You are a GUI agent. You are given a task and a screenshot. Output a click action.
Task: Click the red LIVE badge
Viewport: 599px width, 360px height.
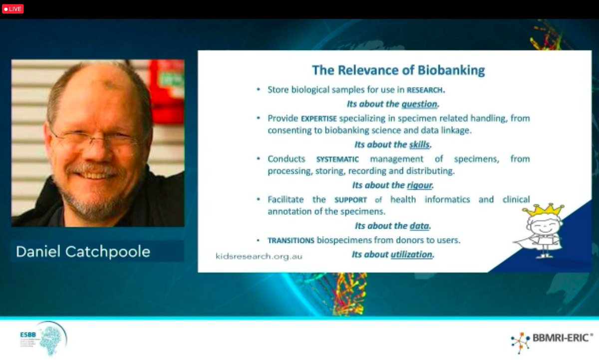tap(12, 9)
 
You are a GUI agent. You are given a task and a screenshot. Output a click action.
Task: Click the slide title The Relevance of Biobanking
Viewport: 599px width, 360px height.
tap(398, 70)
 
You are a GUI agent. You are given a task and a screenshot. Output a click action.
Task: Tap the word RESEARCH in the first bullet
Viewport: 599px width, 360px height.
tap(425, 90)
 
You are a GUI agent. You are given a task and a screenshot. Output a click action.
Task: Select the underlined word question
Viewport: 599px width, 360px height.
tap(419, 104)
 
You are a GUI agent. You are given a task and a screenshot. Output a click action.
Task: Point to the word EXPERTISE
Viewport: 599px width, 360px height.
tap(319, 119)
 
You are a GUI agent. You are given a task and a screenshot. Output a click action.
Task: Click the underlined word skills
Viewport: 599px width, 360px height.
tap(419, 145)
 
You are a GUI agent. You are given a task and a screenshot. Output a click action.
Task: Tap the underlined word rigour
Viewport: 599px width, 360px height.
tap(419, 185)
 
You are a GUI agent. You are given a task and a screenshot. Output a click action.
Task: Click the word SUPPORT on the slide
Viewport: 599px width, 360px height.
tap(350, 200)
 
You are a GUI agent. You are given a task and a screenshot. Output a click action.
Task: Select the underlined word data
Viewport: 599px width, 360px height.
tap(419, 226)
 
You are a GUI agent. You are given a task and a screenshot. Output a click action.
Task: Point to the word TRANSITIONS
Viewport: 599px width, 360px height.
tap(291, 240)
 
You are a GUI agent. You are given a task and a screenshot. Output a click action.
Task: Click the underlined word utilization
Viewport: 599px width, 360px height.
tap(411, 254)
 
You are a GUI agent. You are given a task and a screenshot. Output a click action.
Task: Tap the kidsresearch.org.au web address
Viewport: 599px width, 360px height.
tap(259, 256)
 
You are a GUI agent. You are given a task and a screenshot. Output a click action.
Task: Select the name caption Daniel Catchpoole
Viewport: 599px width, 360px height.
tap(83, 251)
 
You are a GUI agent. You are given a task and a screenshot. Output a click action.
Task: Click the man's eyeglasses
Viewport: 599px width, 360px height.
tap(95, 138)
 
